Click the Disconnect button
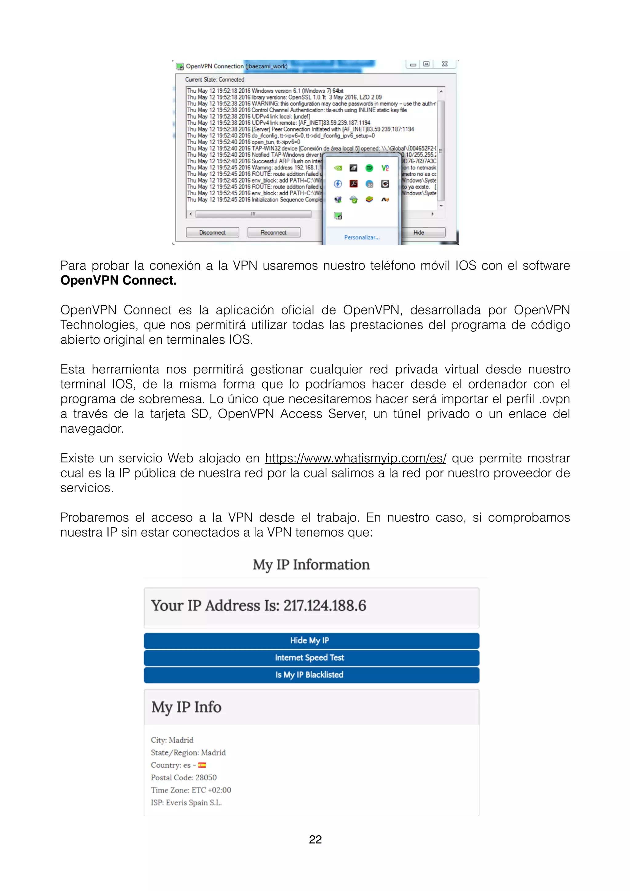212,233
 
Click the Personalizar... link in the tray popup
361,238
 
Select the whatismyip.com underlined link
355,458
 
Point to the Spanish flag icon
202,765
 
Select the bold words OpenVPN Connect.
118,280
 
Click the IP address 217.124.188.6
325,606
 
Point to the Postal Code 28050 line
184,778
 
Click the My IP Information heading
311,565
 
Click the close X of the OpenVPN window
445,64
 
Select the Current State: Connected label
214,80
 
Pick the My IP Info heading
186,707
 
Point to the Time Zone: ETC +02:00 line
191,790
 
